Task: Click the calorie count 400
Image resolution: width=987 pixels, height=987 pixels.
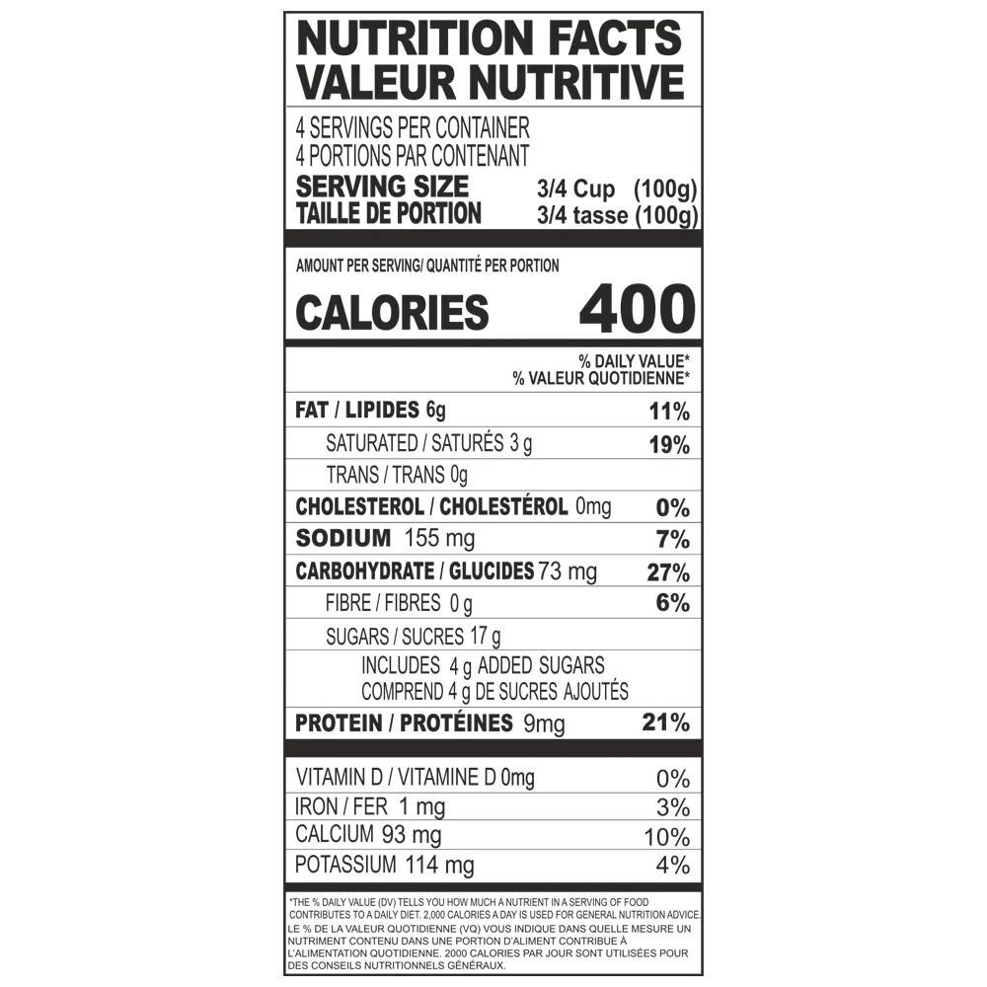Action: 637,308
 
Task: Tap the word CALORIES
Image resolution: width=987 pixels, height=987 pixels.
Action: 392,312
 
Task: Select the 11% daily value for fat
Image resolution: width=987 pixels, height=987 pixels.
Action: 670,413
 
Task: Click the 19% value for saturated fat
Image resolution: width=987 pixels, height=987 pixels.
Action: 670,445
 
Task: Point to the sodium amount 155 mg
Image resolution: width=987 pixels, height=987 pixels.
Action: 439,538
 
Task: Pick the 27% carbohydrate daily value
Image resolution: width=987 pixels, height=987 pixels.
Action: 668,572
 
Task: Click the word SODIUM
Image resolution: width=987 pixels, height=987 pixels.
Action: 343,538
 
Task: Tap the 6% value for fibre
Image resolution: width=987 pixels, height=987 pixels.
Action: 673,603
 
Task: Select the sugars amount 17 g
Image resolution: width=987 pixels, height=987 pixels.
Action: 486,637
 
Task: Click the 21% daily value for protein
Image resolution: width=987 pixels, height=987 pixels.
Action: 666,722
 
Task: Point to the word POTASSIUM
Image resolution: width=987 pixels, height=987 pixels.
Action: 345,865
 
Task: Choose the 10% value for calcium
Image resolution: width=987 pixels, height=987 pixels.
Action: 667,837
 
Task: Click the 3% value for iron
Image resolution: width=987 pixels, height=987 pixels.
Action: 673,807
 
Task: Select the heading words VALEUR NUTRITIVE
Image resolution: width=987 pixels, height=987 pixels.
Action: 491,82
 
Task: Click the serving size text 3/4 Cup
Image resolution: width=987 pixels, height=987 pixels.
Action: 576,189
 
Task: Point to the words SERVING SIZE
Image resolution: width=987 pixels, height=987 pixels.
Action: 383,187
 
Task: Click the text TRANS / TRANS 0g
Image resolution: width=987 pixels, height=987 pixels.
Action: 397,475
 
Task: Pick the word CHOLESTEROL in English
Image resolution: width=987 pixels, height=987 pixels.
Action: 359,506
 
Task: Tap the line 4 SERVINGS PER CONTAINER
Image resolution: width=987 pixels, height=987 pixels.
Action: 413,127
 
